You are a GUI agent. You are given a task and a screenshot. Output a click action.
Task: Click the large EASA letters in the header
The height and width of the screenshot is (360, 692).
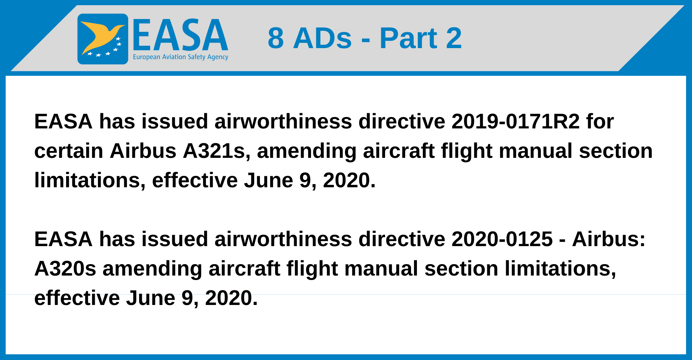180,35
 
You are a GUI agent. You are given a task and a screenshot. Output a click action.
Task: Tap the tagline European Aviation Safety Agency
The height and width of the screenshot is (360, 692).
181,57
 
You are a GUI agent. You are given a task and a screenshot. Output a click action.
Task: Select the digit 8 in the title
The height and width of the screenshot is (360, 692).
276,38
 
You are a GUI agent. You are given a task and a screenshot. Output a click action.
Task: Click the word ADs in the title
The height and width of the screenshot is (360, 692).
322,38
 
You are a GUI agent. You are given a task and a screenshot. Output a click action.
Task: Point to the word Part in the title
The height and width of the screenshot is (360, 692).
409,38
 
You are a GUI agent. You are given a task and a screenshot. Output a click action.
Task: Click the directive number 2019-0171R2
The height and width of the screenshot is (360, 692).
516,121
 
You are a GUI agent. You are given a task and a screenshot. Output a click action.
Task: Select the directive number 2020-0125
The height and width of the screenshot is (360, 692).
502,239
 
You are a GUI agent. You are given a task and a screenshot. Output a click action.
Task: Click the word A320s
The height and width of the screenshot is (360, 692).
65,269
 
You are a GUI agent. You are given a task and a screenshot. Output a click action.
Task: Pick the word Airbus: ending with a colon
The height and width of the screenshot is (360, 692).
609,239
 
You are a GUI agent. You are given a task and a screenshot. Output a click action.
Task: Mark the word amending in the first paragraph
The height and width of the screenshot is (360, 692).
307,152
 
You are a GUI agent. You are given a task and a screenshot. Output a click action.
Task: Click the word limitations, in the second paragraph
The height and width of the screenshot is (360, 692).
561,269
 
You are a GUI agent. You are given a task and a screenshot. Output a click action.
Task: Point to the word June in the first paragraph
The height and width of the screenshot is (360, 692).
268,180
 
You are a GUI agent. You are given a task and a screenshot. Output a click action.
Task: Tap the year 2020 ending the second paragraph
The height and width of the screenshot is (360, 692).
231,298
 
